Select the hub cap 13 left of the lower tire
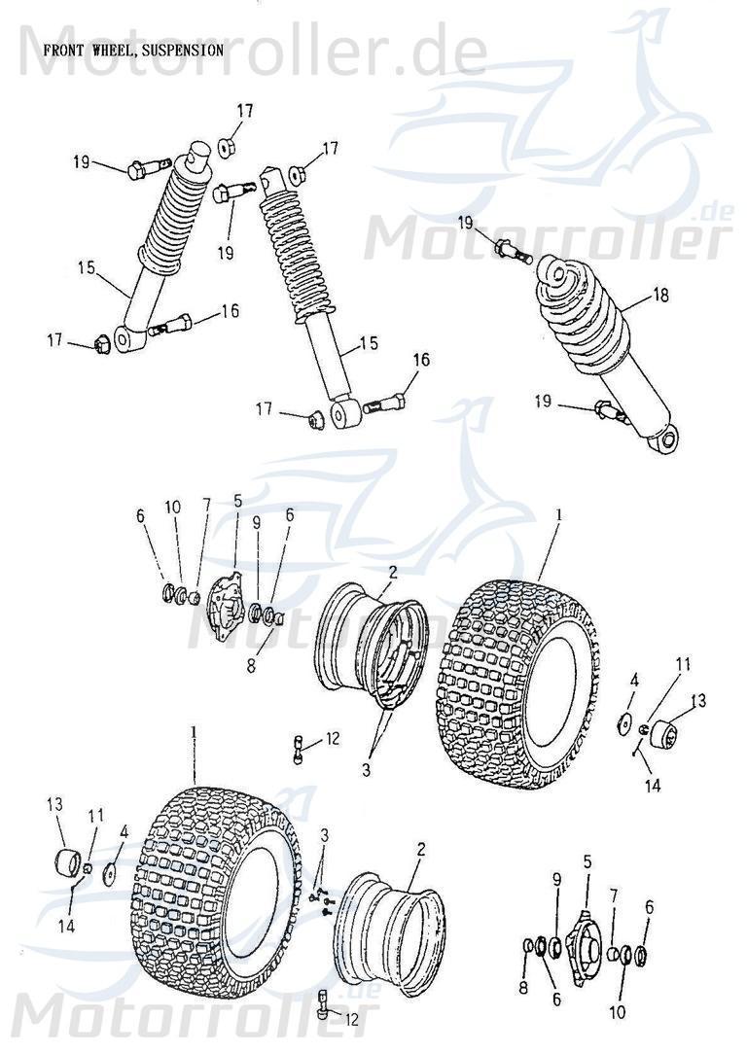pos(67,861)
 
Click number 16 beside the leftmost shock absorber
pos(230,311)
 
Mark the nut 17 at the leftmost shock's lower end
pos(99,342)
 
